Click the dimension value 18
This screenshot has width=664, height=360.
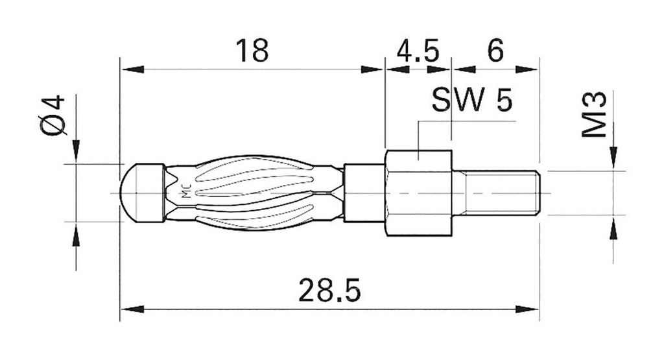click(252, 51)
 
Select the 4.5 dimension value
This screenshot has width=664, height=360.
click(418, 51)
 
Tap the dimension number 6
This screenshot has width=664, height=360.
click(495, 51)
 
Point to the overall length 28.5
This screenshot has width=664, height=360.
click(329, 291)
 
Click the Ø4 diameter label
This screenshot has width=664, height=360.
click(53, 115)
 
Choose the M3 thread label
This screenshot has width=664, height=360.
click(593, 115)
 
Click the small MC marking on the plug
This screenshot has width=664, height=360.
click(185, 193)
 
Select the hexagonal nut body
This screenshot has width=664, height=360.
click(418, 193)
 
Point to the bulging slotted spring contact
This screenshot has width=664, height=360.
click(259, 193)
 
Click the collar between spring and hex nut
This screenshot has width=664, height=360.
click(364, 193)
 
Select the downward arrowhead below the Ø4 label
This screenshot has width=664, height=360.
click(76, 150)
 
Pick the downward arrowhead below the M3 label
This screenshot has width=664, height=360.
click(613, 158)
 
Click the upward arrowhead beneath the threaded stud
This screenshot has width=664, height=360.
click(613, 229)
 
